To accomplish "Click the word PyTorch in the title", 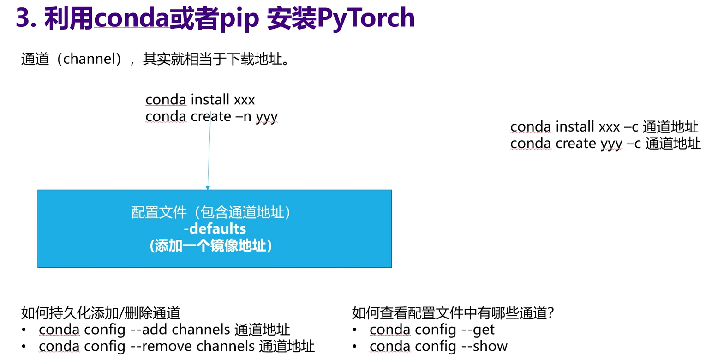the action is (366, 19).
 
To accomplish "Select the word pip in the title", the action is (239, 19).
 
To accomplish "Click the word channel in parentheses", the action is (89, 59).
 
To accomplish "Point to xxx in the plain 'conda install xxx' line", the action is (245, 100).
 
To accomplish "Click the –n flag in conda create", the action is (243, 116).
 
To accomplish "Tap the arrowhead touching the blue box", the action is (208, 188).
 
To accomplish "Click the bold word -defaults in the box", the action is (215, 229).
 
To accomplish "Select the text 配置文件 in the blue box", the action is (159, 213).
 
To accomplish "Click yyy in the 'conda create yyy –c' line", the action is (611, 144).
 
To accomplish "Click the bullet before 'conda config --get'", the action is (354, 330).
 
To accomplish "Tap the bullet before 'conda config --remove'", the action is (24, 347).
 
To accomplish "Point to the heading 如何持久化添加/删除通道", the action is (101, 313).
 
